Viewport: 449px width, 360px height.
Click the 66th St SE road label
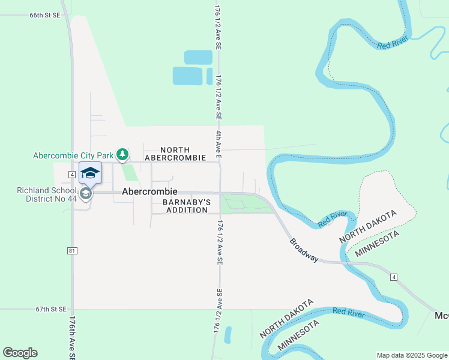[x=44, y=14]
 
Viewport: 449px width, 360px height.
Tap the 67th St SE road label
[x=50, y=310]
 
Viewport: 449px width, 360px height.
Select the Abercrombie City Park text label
[x=73, y=155]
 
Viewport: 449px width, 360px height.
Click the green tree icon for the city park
[x=122, y=155]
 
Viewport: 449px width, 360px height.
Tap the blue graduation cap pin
[x=90, y=173]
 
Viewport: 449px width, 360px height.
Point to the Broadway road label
[x=304, y=250]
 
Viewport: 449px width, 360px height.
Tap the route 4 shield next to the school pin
[x=71, y=174]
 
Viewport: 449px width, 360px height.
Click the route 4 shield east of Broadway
[x=393, y=277]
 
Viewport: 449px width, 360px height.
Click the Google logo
[x=20, y=352]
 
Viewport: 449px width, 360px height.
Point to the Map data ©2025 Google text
[x=412, y=355]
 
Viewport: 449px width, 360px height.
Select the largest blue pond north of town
[x=187, y=76]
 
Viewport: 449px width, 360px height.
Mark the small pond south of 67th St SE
[x=228, y=335]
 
